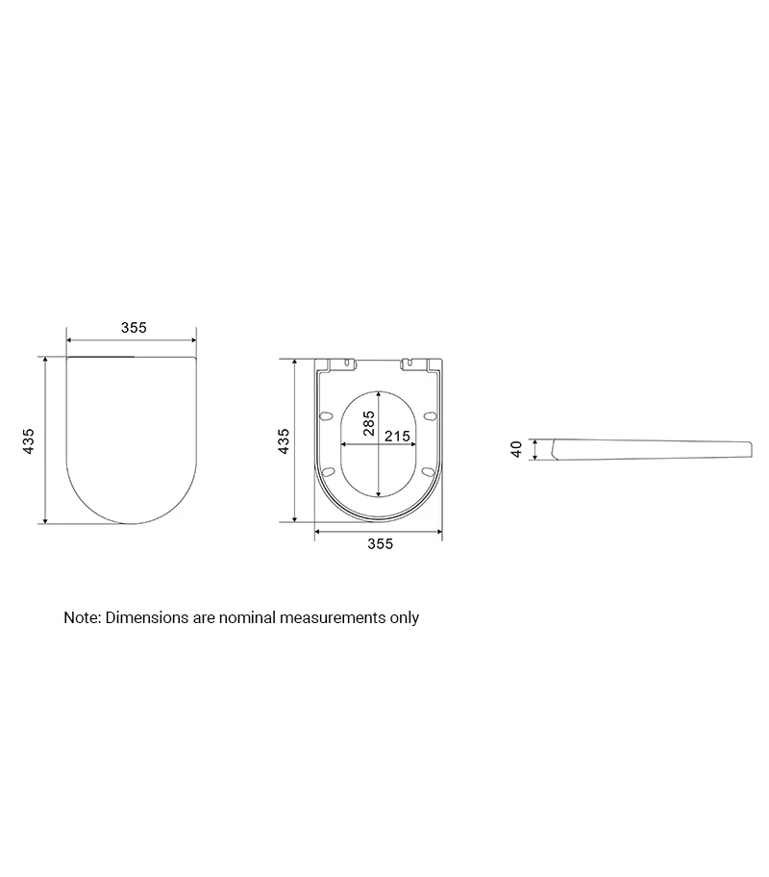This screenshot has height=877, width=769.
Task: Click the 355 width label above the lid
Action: [x=134, y=327]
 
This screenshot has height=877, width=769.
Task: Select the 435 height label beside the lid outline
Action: [x=29, y=440]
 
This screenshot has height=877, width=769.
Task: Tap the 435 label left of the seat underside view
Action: [x=285, y=440]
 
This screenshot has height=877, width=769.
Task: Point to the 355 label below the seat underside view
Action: [x=381, y=543]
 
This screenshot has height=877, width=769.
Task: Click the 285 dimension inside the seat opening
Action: [x=368, y=423]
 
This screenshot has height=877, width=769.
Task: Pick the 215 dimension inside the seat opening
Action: [x=397, y=436]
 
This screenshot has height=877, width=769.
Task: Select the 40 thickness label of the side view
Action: [x=516, y=449]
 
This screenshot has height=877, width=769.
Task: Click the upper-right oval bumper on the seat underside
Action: [x=430, y=415]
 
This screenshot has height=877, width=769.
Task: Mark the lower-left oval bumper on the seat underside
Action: [x=329, y=471]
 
